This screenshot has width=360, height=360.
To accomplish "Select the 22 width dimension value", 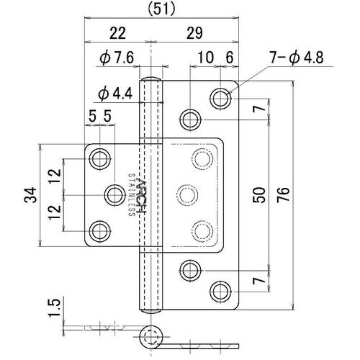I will (x=118, y=32).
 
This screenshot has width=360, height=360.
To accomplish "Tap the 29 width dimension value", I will (x=194, y=32).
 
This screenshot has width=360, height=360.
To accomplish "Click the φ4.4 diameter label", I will (x=114, y=93).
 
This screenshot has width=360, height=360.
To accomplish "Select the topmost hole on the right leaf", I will (x=220, y=98).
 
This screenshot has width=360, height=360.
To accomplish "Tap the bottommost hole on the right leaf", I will (x=220, y=291).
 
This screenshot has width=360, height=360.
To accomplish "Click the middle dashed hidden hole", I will (x=189, y=194).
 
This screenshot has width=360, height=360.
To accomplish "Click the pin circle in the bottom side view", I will (x=151, y=336).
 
